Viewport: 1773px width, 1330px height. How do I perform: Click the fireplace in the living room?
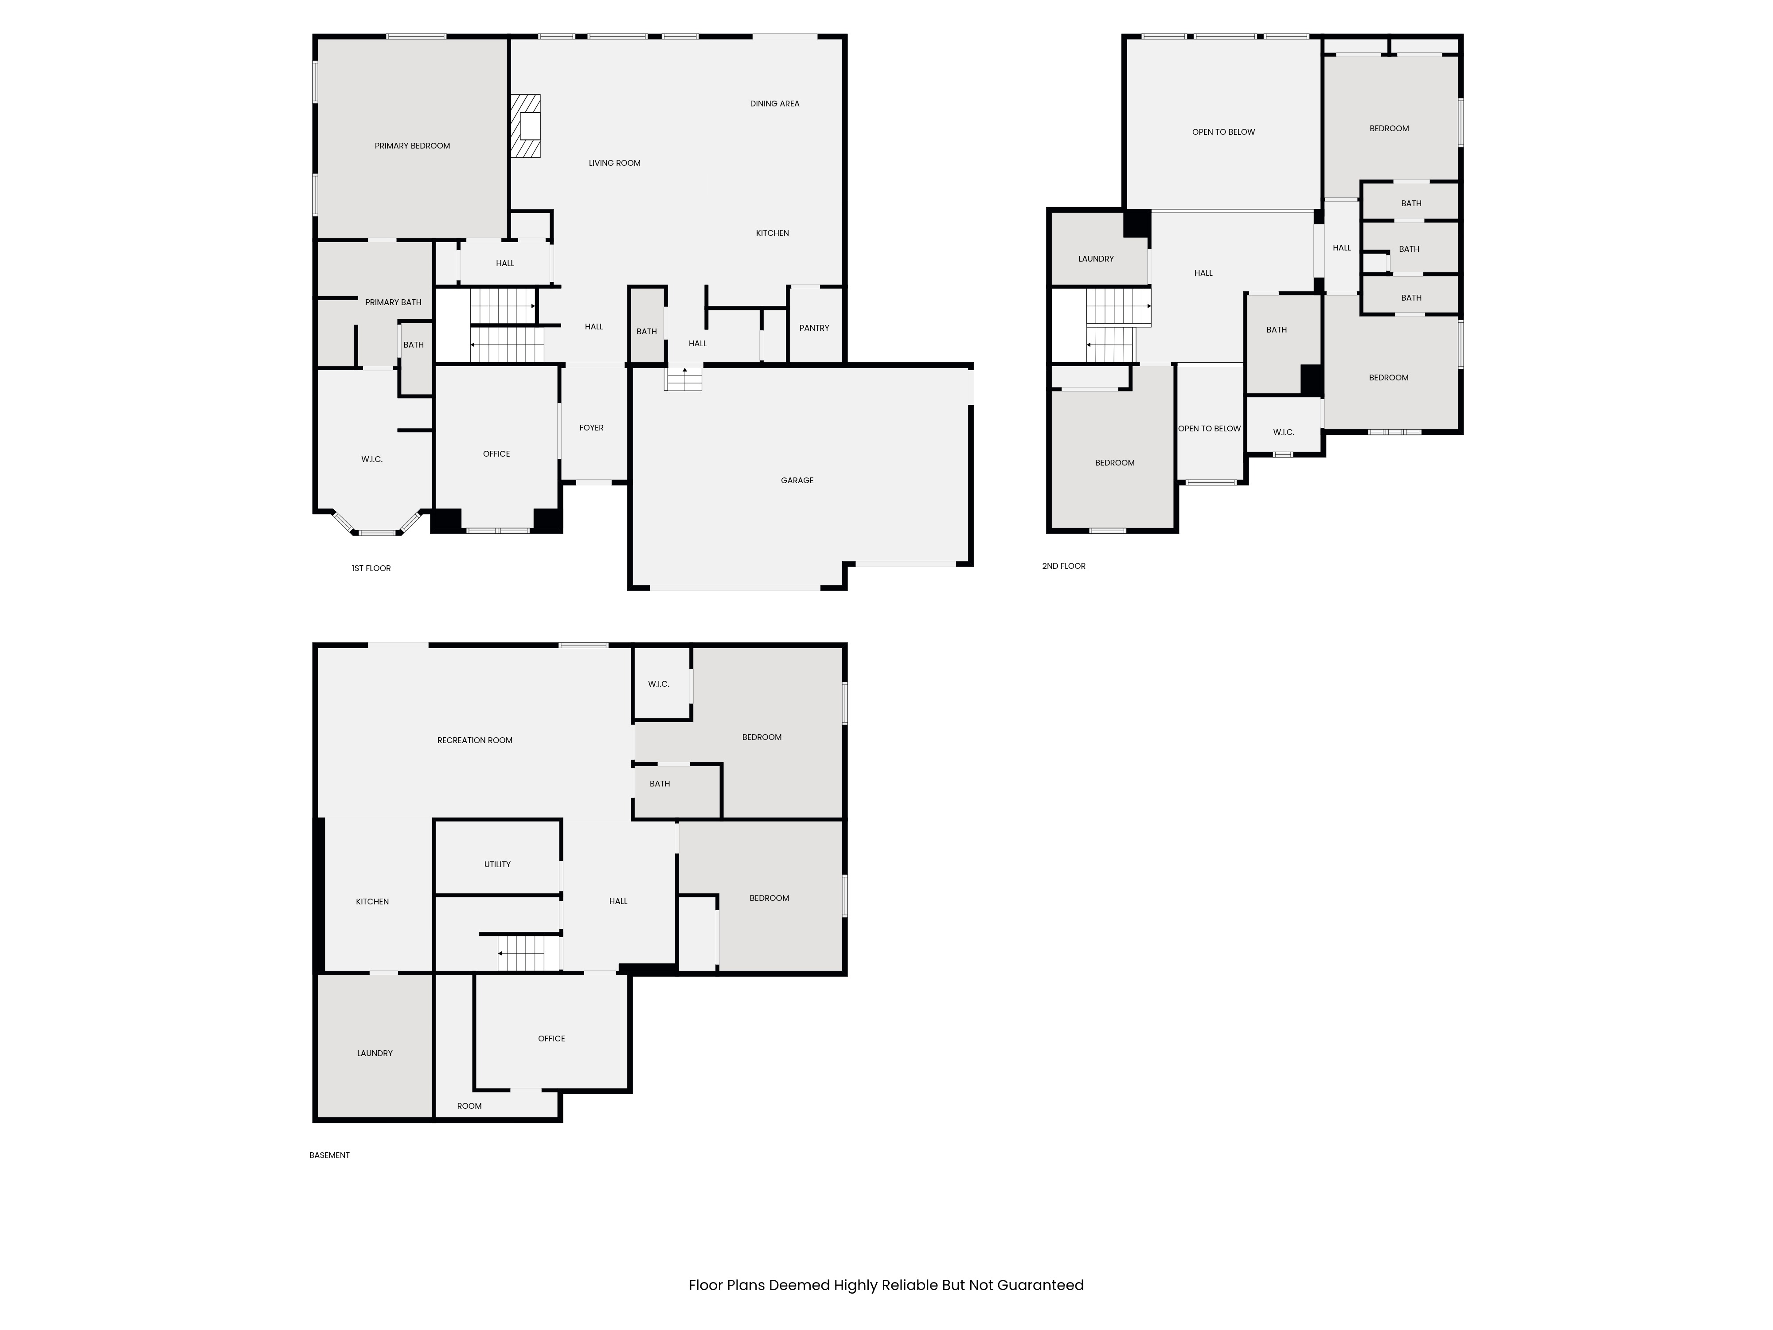(526, 127)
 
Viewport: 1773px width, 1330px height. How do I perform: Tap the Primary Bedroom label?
(412, 146)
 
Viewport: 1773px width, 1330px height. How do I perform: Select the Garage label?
(797, 480)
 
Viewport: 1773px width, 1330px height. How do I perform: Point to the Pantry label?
(814, 328)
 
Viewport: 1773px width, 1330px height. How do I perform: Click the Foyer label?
(592, 427)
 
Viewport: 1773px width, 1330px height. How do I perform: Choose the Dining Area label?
(774, 103)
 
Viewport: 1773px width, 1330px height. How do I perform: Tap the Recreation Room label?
(475, 740)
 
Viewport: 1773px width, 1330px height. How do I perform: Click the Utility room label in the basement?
(497, 864)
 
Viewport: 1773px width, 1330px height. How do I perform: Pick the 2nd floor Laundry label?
(1096, 259)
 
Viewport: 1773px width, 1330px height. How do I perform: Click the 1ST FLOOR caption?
(371, 568)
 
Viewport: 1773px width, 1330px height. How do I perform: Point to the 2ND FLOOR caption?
(1064, 566)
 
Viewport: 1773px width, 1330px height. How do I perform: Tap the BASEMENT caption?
(329, 1155)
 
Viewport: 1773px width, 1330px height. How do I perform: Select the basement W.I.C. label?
(658, 684)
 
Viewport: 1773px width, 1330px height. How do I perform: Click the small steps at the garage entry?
(683, 378)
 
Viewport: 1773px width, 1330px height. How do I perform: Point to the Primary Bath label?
(393, 302)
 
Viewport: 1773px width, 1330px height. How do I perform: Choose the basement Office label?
(551, 1038)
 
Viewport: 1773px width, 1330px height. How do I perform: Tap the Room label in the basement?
(469, 1106)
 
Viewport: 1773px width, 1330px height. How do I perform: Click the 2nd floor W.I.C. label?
(1283, 432)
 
